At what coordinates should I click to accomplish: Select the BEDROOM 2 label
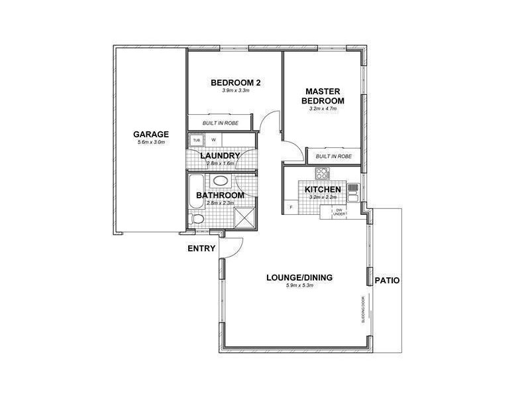[x=235, y=82]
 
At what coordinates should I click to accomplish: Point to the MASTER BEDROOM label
[x=323, y=96]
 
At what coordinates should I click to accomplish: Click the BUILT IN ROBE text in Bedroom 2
[x=220, y=123]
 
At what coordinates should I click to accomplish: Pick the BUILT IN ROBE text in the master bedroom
[x=334, y=156]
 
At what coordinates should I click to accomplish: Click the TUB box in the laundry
[x=196, y=141]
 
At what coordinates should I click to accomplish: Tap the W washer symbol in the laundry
[x=214, y=141]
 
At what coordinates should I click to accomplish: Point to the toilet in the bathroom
[x=197, y=218]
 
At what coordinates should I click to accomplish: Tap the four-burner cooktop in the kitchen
[x=322, y=174]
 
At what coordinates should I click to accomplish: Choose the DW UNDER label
[x=339, y=212]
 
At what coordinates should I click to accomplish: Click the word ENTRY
[x=201, y=249]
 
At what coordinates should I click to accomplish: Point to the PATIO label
[x=387, y=280]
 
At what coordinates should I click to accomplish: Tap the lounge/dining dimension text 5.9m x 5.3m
[x=299, y=286]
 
